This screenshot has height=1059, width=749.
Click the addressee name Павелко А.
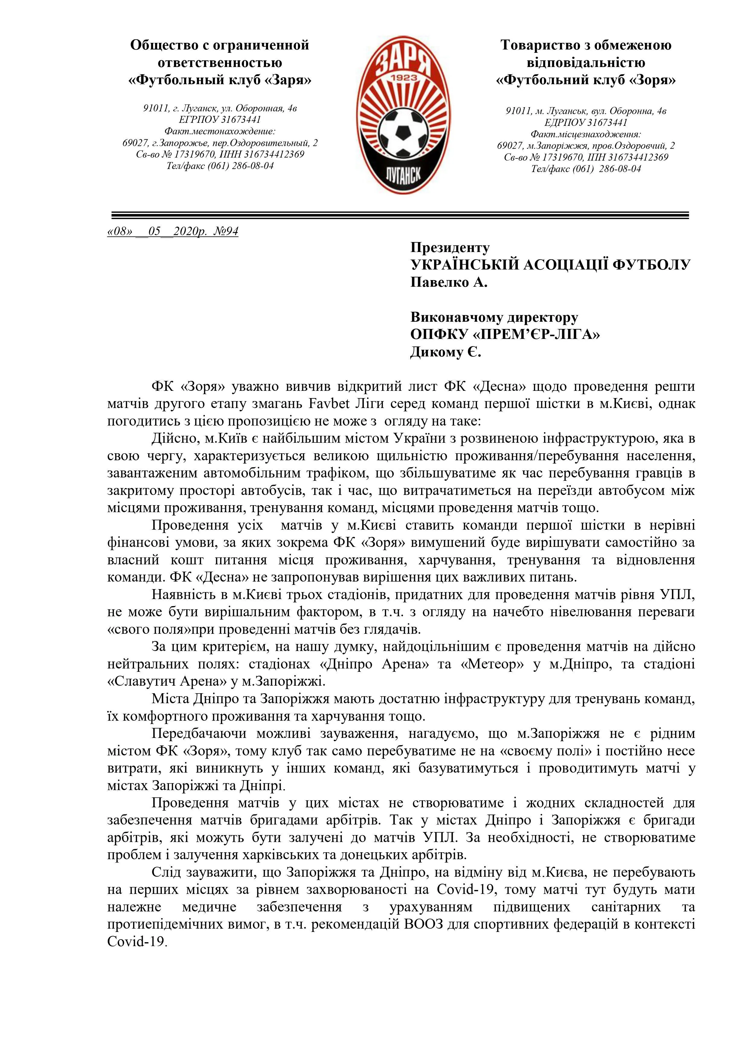(449, 282)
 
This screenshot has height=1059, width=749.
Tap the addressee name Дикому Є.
(445, 353)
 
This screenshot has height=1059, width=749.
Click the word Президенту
(450, 248)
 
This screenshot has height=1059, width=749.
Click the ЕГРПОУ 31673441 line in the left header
(220, 120)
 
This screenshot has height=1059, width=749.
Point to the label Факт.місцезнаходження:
(586, 134)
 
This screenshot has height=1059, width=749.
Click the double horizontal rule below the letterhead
(400, 215)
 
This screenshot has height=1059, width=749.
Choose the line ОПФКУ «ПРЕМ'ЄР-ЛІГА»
(505, 335)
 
